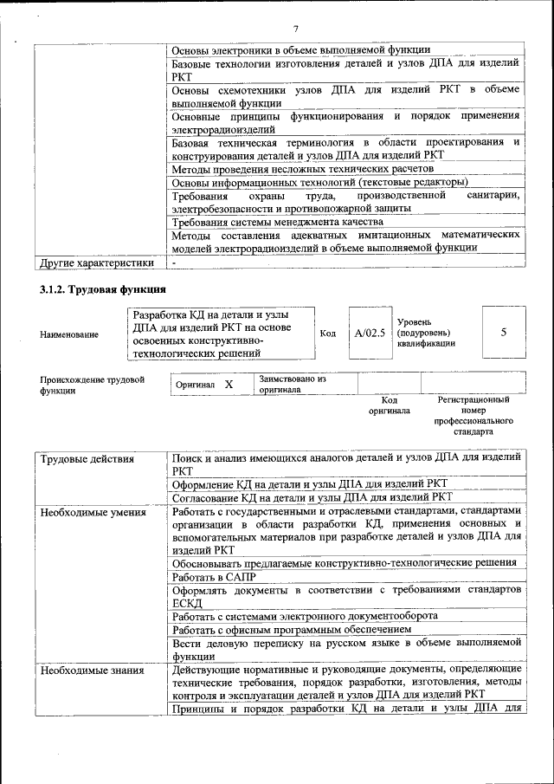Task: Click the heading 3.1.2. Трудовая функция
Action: pos(101,288)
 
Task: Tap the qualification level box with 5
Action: pos(503,332)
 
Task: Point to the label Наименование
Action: pos(69,334)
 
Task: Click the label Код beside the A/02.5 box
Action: pos(328,333)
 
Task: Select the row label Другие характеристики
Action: pos(97,262)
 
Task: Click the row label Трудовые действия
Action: pos(87,458)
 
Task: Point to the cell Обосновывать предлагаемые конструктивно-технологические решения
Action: pos(345,563)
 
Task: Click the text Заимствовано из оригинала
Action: pos(292,384)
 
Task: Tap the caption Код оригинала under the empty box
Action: pos(389,405)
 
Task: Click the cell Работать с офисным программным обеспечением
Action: pos(291,629)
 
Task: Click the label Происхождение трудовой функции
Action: pos(92,385)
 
